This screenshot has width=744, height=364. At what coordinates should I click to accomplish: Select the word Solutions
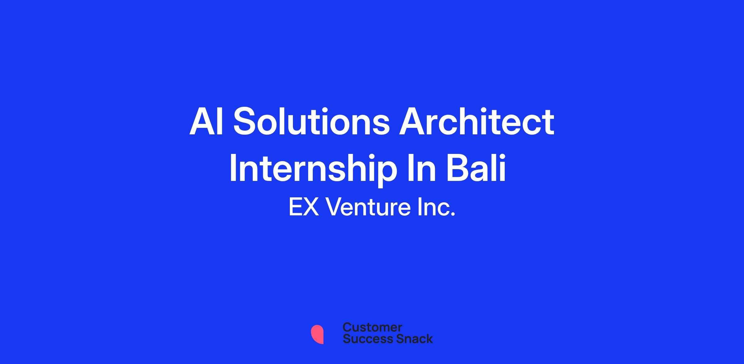[311, 121]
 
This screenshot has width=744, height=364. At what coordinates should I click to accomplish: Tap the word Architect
[476, 121]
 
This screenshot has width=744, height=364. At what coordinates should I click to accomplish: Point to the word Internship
[313, 169]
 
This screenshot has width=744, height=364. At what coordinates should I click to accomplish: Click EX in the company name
[304, 207]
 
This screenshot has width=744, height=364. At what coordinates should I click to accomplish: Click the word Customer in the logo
[372, 327]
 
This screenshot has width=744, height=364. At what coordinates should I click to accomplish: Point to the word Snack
[410, 339]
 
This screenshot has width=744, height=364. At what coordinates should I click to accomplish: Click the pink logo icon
[317, 335]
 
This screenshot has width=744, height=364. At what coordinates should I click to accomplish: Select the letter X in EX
[311, 207]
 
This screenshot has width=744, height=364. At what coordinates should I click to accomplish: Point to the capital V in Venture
[334, 207]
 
